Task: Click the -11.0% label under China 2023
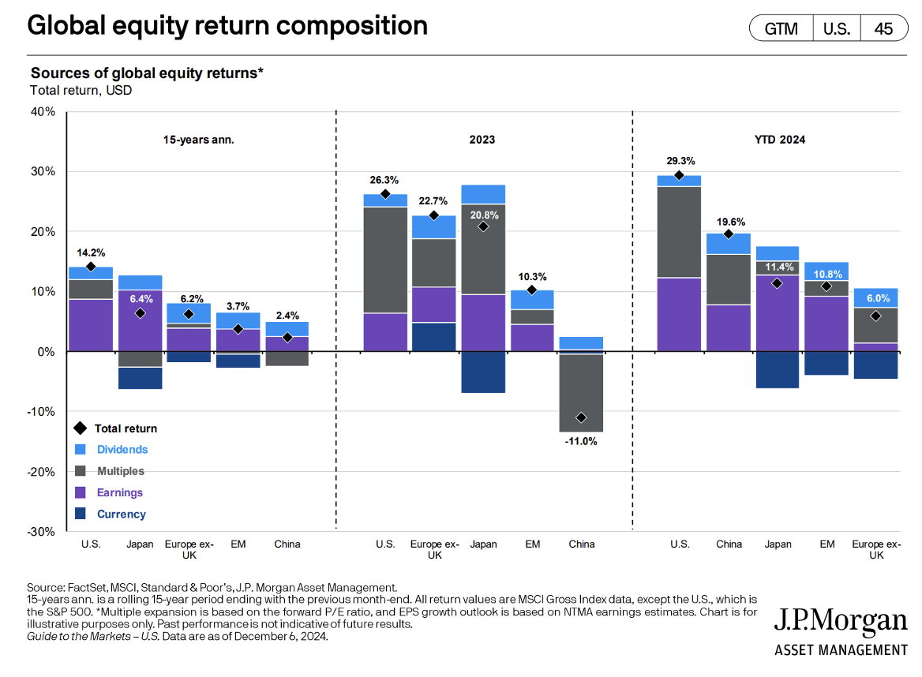coord(581,441)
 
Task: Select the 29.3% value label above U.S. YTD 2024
coord(680,160)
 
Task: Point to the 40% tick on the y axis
coord(43,112)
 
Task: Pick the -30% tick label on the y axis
coord(41,531)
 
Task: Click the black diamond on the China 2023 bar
coord(581,417)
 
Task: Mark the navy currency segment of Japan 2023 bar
coord(483,372)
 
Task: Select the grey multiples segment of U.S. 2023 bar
coord(385,260)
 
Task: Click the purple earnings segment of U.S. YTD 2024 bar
coord(679,314)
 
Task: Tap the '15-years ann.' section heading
coord(199,140)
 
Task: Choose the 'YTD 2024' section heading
coord(780,140)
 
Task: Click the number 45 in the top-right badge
coord(883,28)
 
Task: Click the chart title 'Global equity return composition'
coord(227,26)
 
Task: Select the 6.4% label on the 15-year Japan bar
coord(141,299)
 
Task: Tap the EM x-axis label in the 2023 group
coord(533,544)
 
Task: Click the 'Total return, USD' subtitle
coord(81,91)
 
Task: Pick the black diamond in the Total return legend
coord(81,428)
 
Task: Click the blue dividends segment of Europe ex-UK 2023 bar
coord(434,226)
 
